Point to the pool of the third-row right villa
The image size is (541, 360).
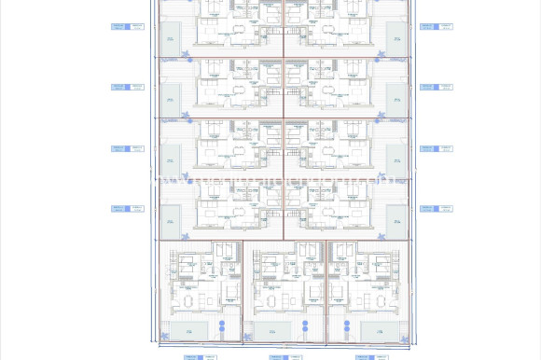click(395, 159)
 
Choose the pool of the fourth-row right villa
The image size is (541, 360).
click(395, 220)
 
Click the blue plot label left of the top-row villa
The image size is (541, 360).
click(128, 27)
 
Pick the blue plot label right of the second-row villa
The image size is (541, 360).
click(436, 87)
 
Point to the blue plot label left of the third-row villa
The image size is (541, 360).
click(128, 148)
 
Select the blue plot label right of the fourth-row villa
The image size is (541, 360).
click(436, 209)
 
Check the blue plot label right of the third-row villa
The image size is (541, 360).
click(436, 148)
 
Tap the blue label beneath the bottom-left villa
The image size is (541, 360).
click(199, 356)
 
